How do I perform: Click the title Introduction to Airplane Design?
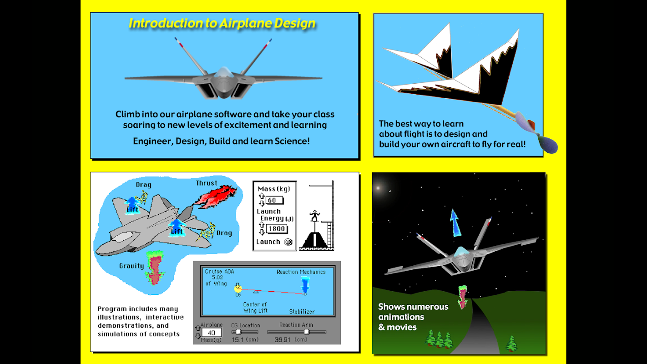(222, 23)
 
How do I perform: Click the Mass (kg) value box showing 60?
(274, 200)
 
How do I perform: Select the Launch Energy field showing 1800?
(277, 229)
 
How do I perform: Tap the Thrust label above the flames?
(206, 183)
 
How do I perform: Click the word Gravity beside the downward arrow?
(131, 266)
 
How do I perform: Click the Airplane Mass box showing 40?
(212, 333)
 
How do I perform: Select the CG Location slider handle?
(238, 332)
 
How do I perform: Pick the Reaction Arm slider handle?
(307, 332)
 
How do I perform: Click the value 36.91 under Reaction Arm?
(283, 340)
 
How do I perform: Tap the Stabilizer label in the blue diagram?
(302, 311)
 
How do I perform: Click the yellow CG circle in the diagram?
(238, 288)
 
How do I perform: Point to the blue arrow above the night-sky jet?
(455, 223)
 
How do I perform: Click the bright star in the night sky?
(378, 188)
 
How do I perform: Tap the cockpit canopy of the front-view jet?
(223, 72)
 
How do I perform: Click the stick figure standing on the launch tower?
(314, 216)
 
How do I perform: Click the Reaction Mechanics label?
(301, 272)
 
